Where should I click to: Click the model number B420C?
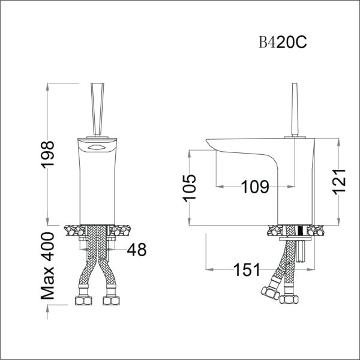tap(283, 42)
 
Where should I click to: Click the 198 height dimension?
tap(47, 154)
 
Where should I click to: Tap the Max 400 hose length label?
tap(47, 266)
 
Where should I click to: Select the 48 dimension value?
tap(137, 250)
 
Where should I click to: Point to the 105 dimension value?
tap(190, 188)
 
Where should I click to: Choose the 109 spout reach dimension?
tap(255, 187)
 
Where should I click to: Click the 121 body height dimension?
tap(340, 182)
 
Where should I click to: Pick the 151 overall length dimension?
tap(247, 269)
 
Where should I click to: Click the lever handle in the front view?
tap(98, 110)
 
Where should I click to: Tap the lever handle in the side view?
tap(295, 110)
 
